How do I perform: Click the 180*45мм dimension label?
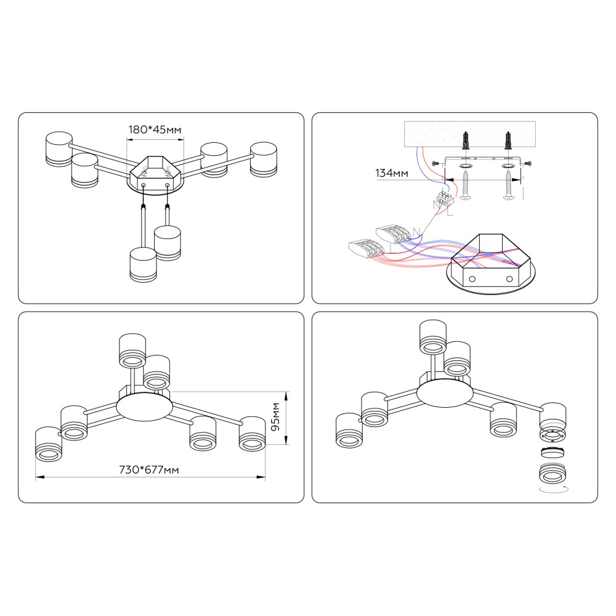155,129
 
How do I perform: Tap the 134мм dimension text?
391,173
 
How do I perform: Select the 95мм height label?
276,416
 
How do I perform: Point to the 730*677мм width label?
149,469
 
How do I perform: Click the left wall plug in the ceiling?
465,140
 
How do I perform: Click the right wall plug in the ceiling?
509,140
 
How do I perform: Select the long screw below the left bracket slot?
466,184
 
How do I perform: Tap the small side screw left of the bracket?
436,163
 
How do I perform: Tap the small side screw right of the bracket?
527,163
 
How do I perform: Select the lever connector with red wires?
365,247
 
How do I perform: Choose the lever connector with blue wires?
394,233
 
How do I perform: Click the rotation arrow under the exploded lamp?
553,490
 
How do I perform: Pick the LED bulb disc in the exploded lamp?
553,452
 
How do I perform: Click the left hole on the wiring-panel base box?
472,279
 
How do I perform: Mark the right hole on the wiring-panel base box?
509,279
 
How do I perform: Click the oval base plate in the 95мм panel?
145,407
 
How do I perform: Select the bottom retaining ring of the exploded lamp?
553,473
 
